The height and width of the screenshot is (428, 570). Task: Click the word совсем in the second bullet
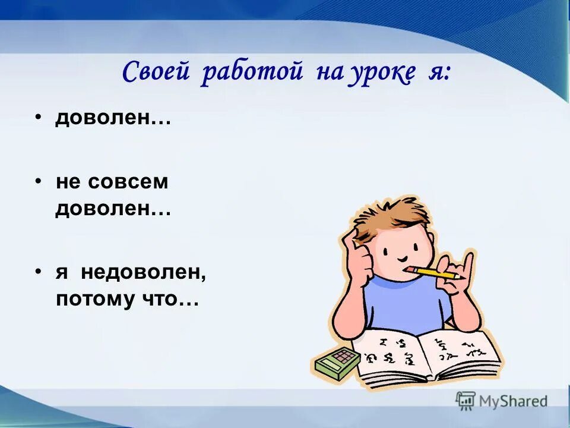(x=128, y=182)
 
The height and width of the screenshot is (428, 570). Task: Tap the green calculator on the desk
(x=336, y=362)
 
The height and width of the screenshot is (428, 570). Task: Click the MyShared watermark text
(x=513, y=401)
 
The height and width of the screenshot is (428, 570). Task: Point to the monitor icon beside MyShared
(x=466, y=400)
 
